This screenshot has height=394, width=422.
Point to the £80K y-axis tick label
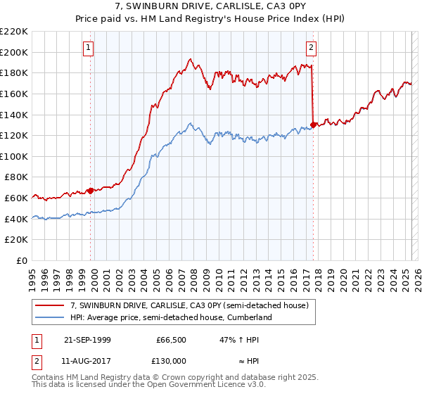pos(16,177)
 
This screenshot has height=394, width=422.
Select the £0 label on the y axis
pos(23,260)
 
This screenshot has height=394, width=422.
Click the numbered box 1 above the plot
pos(89,48)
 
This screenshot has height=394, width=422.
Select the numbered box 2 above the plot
pos(311,48)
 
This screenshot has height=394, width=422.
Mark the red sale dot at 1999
pos(90,191)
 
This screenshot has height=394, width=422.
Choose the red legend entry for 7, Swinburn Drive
pos(189,305)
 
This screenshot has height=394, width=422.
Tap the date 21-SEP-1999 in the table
pos(87,340)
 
